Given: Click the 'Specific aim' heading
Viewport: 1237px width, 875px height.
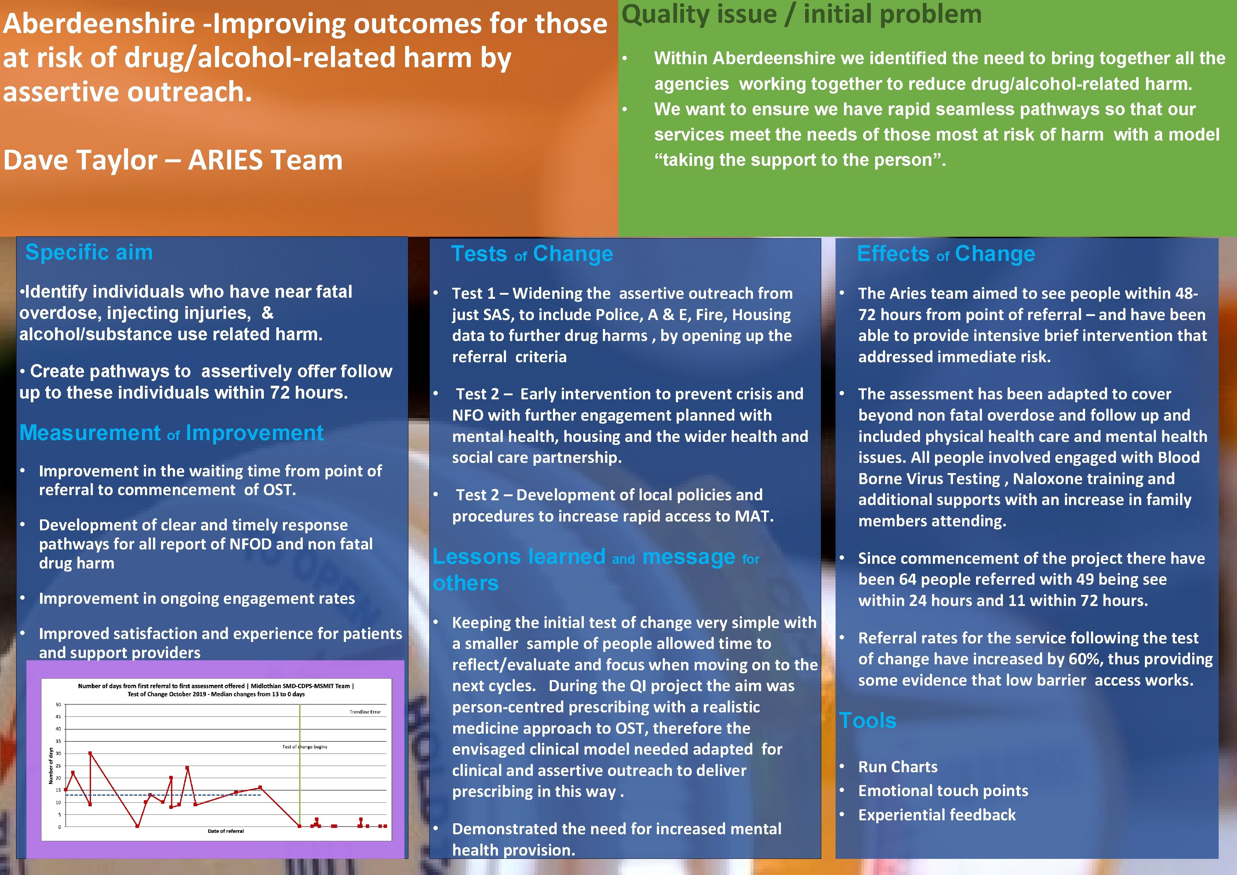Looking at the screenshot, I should click(x=89, y=252).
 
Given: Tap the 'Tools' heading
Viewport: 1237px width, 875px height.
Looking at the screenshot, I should click(x=867, y=720).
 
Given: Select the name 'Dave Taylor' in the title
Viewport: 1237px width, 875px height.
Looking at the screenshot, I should click(x=80, y=160).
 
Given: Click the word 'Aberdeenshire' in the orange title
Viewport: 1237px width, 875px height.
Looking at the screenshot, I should click(x=99, y=24).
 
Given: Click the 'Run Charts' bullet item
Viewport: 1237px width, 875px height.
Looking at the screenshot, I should click(x=898, y=767).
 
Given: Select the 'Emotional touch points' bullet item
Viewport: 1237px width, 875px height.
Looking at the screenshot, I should click(x=943, y=791).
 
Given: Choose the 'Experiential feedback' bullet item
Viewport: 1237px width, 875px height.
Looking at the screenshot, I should click(x=936, y=815).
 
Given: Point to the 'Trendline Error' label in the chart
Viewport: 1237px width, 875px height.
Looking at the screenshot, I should click(x=365, y=712).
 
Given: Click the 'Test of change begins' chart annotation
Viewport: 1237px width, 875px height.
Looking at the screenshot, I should click(x=305, y=747).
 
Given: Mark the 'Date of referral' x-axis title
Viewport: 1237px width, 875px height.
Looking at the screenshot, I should click(x=226, y=831).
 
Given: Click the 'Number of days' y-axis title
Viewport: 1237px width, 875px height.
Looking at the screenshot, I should click(x=51, y=765).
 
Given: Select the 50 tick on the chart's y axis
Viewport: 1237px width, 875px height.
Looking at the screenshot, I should click(x=58, y=705).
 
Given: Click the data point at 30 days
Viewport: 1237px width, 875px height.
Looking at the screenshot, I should click(x=90, y=753).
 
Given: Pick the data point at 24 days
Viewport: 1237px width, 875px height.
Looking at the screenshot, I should click(x=187, y=768).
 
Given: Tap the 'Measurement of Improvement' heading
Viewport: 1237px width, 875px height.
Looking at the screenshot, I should click(x=171, y=433).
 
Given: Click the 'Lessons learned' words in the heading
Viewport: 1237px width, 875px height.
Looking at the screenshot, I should click(x=519, y=556).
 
